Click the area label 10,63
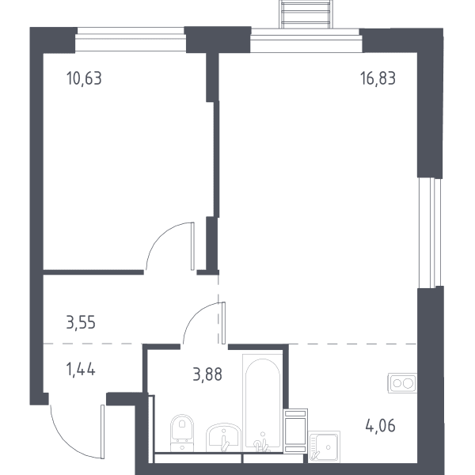click(x=84, y=78)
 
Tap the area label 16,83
click(x=378, y=78)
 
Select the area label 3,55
click(x=81, y=322)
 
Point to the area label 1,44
click(x=81, y=370)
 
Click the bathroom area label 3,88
click(x=207, y=374)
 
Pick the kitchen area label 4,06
click(x=381, y=426)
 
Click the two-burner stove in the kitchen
click(x=402, y=383)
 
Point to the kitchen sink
click(x=324, y=446)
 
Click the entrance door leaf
click(x=102, y=431)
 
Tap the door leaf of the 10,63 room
click(x=192, y=246)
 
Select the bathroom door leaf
click(x=223, y=323)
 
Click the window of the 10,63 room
click(x=131, y=40)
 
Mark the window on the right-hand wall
click(x=430, y=233)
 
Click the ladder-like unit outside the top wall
click(x=306, y=14)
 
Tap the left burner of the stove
click(x=397, y=383)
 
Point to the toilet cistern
click(x=182, y=447)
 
